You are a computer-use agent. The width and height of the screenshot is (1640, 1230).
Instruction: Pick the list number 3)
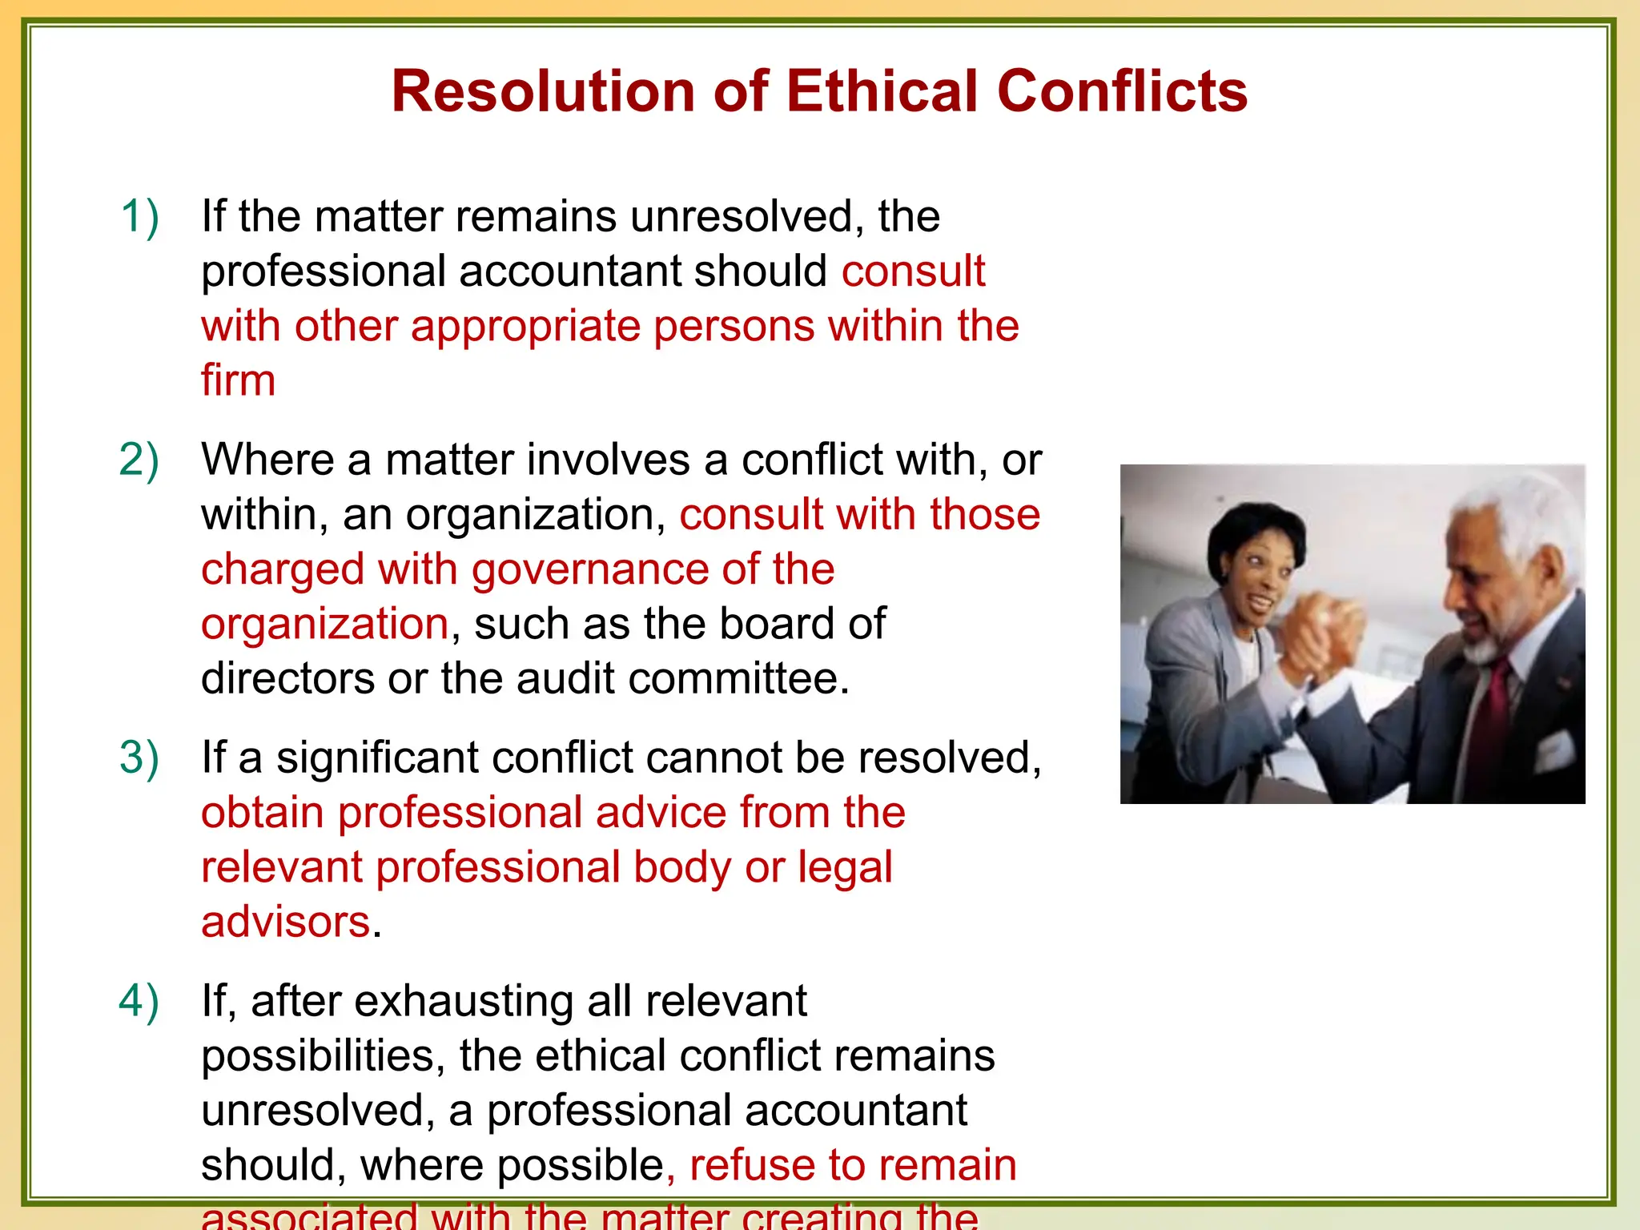click(x=139, y=758)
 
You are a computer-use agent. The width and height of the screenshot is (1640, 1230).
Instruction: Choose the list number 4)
click(x=139, y=1001)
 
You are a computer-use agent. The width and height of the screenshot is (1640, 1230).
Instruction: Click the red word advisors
click(x=285, y=922)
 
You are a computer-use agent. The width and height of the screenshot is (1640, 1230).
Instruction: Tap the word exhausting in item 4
click(x=463, y=1001)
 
